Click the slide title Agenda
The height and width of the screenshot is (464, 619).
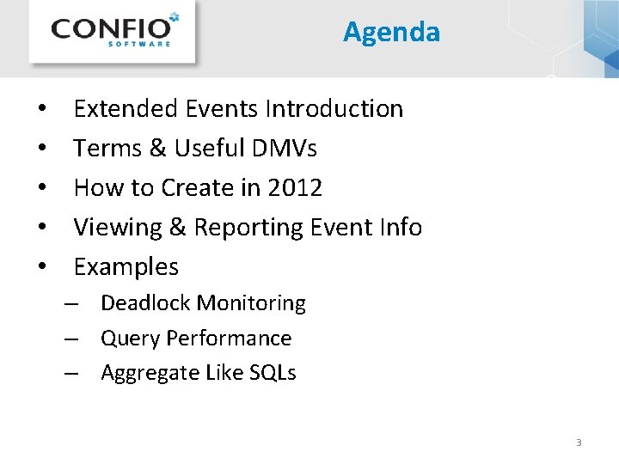pos(391,32)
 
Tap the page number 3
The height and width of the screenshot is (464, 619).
pos(579,443)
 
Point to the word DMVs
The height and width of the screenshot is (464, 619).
pos(285,149)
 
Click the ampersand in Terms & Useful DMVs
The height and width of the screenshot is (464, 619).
pos(157,149)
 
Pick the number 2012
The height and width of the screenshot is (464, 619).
pos(294,188)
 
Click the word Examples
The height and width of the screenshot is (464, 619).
pos(126,267)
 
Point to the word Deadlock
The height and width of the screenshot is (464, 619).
pos(145,303)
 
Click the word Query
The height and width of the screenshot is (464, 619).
pos(131,339)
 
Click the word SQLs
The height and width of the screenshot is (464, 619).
pos(276,373)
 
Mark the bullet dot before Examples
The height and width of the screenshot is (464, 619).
pos(41,268)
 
